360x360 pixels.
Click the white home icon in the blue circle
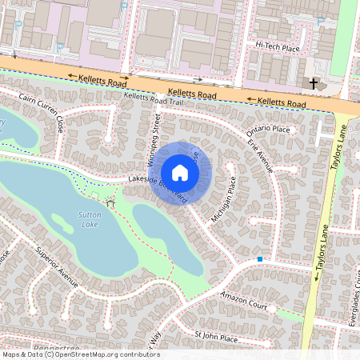coord(180,173)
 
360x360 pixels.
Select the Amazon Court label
coord(243,299)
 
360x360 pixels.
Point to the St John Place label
coord(216,338)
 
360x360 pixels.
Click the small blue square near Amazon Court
coord(260,259)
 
